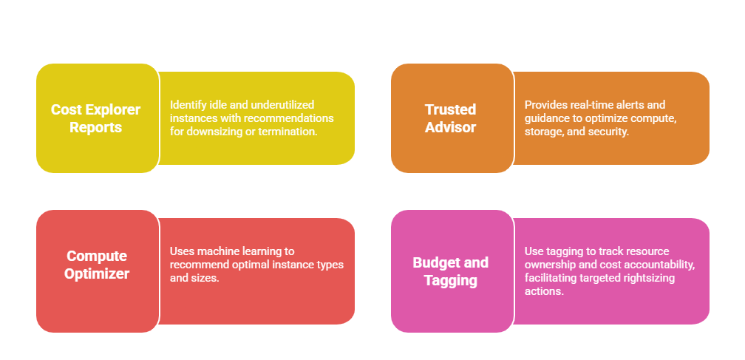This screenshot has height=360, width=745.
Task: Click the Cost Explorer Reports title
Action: coord(96,118)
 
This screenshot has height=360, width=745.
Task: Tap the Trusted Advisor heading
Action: coord(450,118)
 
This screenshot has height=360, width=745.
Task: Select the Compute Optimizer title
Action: coord(96,265)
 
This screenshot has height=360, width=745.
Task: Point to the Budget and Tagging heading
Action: coord(450,271)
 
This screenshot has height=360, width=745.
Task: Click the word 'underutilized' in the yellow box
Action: coord(284,104)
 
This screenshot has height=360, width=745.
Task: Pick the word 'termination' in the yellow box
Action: coord(288,132)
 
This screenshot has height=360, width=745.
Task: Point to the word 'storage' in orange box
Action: coord(542,132)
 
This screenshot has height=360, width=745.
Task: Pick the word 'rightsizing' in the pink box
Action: coord(650,278)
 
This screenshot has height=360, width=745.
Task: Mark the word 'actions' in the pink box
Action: coord(543,291)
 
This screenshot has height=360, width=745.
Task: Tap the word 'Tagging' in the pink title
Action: coord(450,281)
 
